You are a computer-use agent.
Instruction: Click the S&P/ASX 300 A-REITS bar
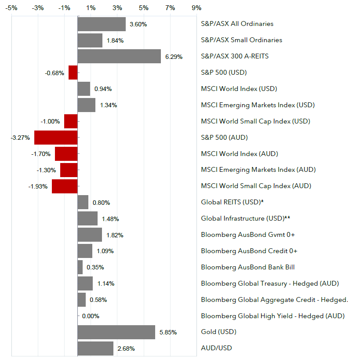coord(119,56)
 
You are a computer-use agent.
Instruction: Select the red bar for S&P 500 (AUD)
coord(56,137)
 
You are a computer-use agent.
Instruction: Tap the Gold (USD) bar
coord(116,332)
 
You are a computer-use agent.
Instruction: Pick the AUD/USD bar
coord(95,348)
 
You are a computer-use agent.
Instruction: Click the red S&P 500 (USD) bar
coord(73,73)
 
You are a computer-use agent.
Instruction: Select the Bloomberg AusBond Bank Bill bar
coord(80,267)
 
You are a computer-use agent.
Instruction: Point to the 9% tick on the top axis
coord(196,8)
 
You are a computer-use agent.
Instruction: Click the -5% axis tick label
coord(11,8)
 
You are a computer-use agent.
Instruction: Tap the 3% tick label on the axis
coord(117,8)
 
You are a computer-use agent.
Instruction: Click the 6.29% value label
coord(173,57)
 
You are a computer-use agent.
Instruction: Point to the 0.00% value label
coord(91,316)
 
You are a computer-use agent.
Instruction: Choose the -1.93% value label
coord(39,186)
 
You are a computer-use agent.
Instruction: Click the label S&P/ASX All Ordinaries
coord(237,24)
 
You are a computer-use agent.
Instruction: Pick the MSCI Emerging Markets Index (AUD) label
coord(258,170)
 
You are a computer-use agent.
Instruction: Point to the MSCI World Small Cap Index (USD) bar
coord(71,121)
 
